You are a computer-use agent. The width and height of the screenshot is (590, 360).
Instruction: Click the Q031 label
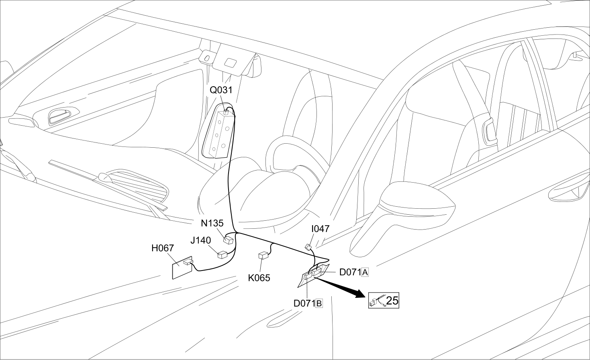pyautogui.click(x=221, y=90)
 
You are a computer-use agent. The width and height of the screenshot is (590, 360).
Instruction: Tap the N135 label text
pyautogui.click(x=212, y=223)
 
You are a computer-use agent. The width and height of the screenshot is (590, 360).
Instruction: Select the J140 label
pyautogui.click(x=201, y=240)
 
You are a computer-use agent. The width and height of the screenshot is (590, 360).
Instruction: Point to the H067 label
pyautogui.click(x=163, y=248)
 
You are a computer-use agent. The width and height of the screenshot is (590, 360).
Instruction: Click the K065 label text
pyautogui.click(x=259, y=278)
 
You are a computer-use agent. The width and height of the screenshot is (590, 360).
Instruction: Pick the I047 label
pyautogui.click(x=320, y=229)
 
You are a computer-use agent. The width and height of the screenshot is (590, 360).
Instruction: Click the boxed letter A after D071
pyautogui.click(x=365, y=273)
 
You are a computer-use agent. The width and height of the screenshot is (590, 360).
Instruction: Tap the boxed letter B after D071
pyautogui.click(x=319, y=303)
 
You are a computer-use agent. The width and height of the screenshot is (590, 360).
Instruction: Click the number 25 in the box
pyautogui.click(x=392, y=301)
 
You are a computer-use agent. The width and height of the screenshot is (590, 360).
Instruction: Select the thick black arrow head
pyautogui.click(x=360, y=293)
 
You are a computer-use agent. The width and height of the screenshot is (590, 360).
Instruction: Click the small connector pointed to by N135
pyautogui.click(x=228, y=240)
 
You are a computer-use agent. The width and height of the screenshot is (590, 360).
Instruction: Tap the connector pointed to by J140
pyautogui.click(x=222, y=255)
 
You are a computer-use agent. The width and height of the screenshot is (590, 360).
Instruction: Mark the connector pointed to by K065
pyautogui.click(x=263, y=256)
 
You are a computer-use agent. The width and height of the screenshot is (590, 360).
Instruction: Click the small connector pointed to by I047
pyautogui.click(x=308, y=247)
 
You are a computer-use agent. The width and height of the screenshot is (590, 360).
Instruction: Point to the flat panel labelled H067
pyautogui.click(x=182, y=267)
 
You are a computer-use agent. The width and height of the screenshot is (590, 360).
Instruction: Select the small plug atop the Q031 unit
pyautogui.click(x=226, y=112)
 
